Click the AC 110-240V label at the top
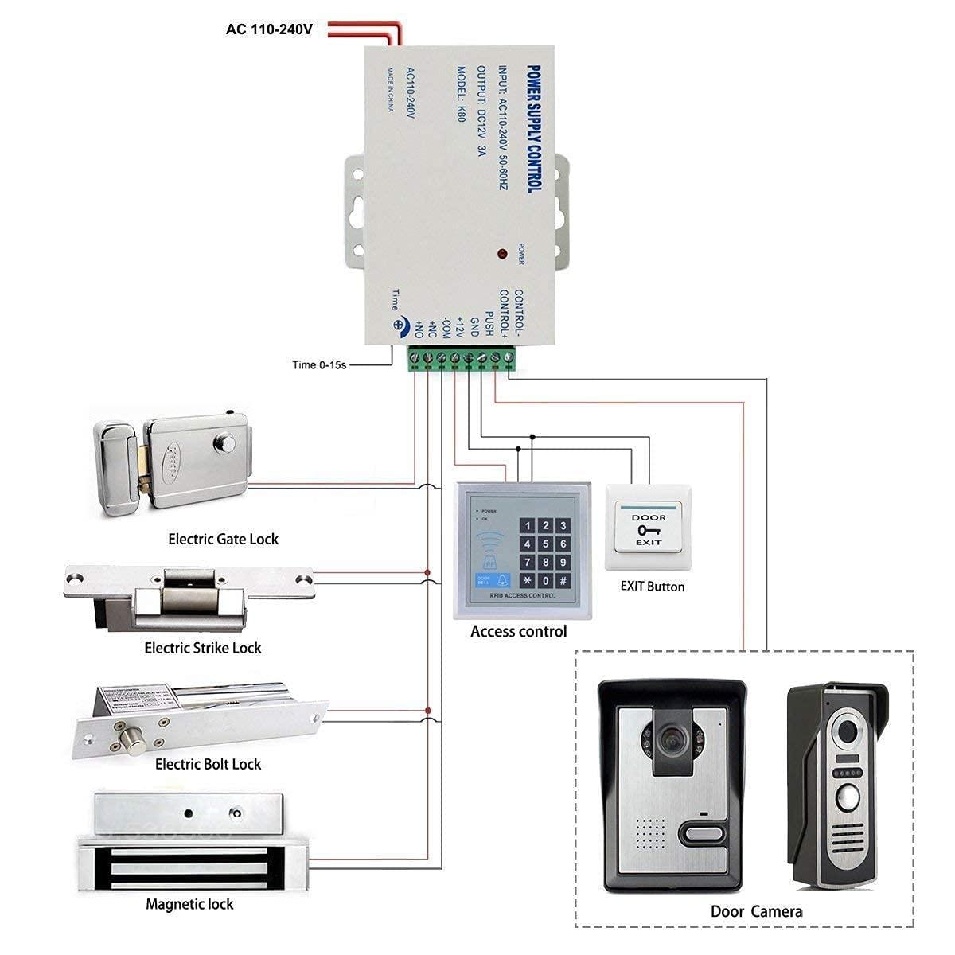269,29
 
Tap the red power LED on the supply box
502,254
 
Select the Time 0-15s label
319,365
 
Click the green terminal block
461,358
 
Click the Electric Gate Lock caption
223,539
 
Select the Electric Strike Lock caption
202,648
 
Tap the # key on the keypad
563,581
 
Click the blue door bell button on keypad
483,580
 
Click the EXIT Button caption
652,587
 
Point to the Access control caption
518,631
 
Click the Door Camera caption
756,911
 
